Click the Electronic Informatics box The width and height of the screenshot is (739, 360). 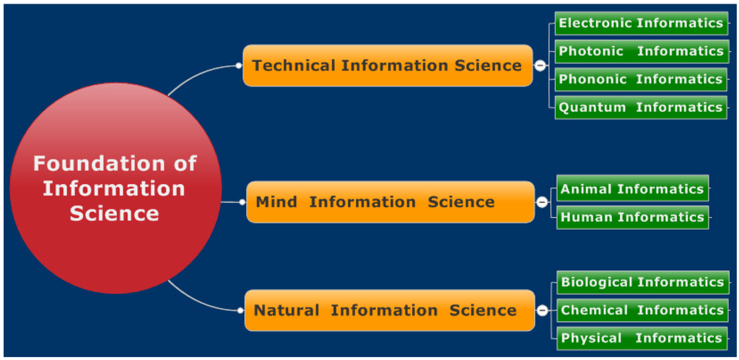[641, 23]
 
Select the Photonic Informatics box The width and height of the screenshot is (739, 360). [641, 51]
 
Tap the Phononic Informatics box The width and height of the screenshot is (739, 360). [641, 79]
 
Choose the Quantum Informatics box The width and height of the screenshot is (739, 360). [641, 107]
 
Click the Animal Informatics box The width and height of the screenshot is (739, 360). [632, 189]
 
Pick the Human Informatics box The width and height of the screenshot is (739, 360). [632, 217]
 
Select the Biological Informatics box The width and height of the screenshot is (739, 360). [642, 282]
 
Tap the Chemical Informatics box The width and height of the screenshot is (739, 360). [642, 310]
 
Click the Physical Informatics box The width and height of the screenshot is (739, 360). [642, 338]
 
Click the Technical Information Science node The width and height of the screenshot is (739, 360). [388, 66]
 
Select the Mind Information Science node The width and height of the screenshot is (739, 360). [390, 202]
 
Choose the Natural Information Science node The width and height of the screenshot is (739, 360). [390, 310]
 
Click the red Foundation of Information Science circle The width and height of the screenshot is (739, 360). [115, 188]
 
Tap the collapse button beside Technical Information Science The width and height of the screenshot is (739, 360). [540, 66]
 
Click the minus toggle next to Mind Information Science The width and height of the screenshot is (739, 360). [542, 202]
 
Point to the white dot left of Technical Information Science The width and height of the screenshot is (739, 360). [239, 66]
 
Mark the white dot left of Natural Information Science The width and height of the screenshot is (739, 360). [240, 310]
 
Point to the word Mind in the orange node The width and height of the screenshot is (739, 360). [276, 202]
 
